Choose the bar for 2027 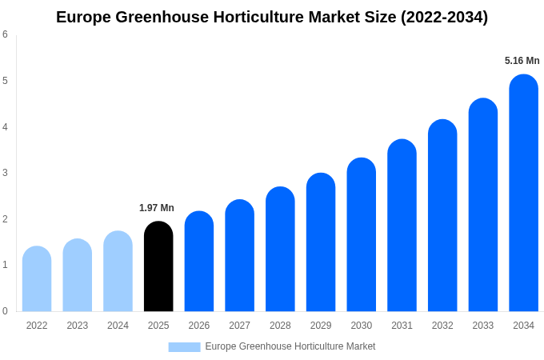coord(239,255)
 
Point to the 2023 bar coord(78,275)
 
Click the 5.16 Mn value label coord(522,61)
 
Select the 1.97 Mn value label coord(157,208)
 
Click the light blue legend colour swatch coord(184,347)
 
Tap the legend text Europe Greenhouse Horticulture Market coord(290,346)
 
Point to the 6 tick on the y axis coord(5,34)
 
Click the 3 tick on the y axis coord(5,173)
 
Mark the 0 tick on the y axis coord(5,311)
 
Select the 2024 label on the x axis coord(118,326)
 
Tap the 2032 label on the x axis coord(442,326)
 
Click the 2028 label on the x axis coord(280,326)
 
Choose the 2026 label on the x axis coord(199,326)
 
